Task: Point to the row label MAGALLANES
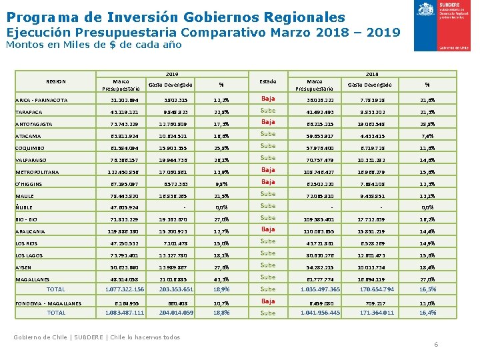tap(35, 279)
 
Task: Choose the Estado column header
tap(267, 81)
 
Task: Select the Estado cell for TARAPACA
tap(268, 111)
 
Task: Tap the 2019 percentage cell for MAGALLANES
tap(221, 279)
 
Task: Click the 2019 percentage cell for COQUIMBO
tap(221, 147)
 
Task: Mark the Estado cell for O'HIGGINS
tap(268, 182)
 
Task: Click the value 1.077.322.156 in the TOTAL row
tap(125, 289)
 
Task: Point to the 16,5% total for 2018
tap(427, 289)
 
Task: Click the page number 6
tap(436, 344)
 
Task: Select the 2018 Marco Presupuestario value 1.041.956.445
tap(320, 312)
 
